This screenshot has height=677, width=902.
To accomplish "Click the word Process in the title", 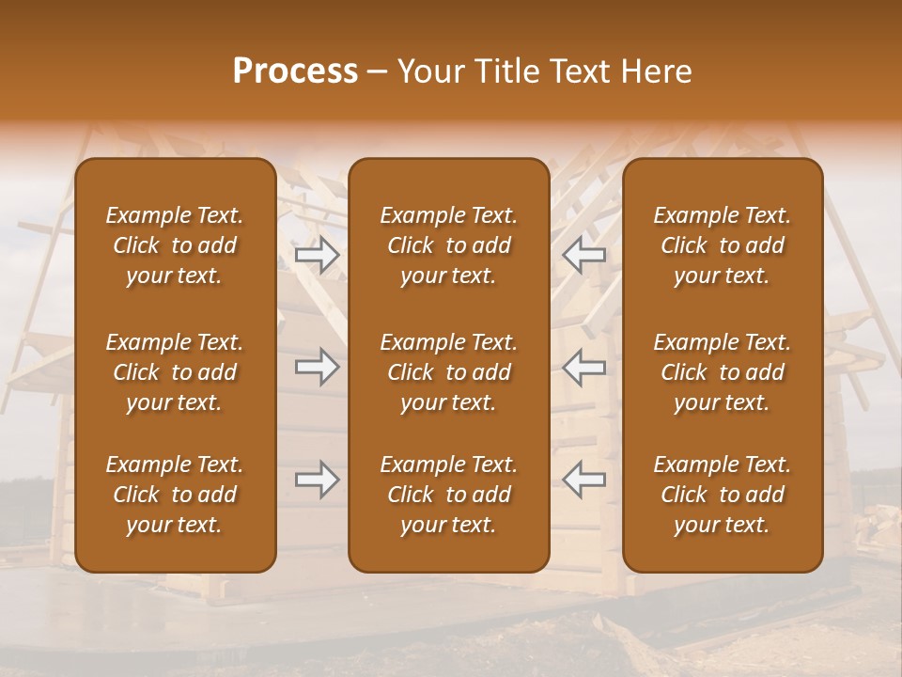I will [x=295, y=71].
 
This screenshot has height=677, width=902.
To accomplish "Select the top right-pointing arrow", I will [x=317, y=255].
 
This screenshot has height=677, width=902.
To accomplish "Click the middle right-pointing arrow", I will [x=317, y=367].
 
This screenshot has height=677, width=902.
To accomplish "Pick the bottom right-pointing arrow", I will [x=317, y=480].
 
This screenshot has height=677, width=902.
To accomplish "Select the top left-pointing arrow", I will [x=583, y=255].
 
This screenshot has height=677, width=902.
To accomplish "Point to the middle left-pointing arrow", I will [x=583, y=367].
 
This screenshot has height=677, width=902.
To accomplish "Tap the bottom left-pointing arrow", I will [x=583, y=480].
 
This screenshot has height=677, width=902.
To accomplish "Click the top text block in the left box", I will [x=175, y=245].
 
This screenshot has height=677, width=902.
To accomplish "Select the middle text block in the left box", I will [x=175, y=372].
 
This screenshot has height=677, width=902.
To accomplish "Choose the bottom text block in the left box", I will [x=175, y=495].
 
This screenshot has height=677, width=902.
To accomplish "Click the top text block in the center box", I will [x=448, y=245].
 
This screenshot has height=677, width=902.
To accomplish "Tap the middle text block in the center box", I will [x=448, y=372].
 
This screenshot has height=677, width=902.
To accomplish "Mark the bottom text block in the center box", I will [x=448, y=495].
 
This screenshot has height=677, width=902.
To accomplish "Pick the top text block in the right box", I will [x=722, y=245].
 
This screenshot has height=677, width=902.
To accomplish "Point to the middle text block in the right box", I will [x=722, y=372].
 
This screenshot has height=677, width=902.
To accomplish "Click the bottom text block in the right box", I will [x=722, y=495].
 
